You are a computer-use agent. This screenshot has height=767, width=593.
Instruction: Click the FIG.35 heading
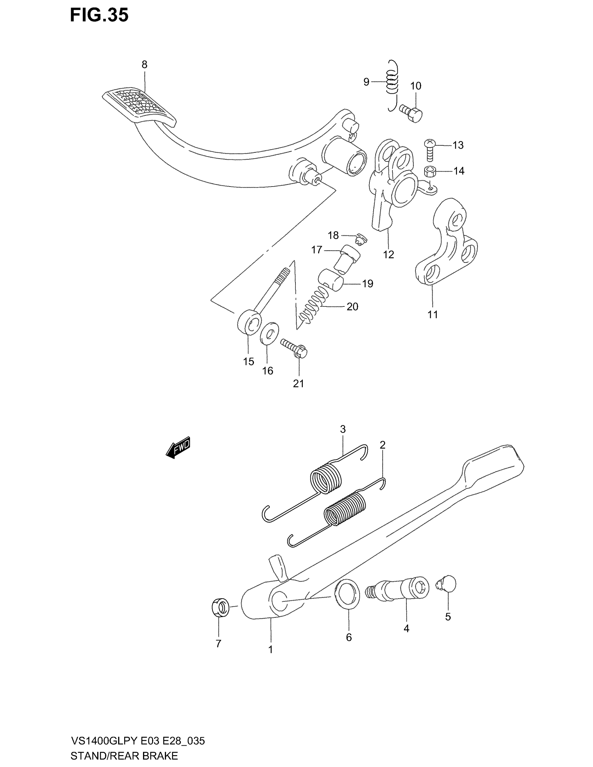click(99, 15)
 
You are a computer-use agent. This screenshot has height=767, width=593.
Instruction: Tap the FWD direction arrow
click(178, 448)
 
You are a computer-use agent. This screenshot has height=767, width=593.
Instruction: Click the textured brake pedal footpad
click(139, 107)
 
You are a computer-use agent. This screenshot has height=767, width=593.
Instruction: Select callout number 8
click(144, 64)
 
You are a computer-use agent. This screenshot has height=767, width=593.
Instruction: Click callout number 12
click(389, 255)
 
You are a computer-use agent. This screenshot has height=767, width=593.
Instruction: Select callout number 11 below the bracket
click(433, 314)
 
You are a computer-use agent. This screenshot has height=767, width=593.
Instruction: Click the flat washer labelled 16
click(269, 333)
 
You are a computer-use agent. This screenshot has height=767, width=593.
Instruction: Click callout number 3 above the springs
click(343, 429)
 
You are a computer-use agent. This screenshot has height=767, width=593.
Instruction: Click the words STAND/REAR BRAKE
click(124, 756)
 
